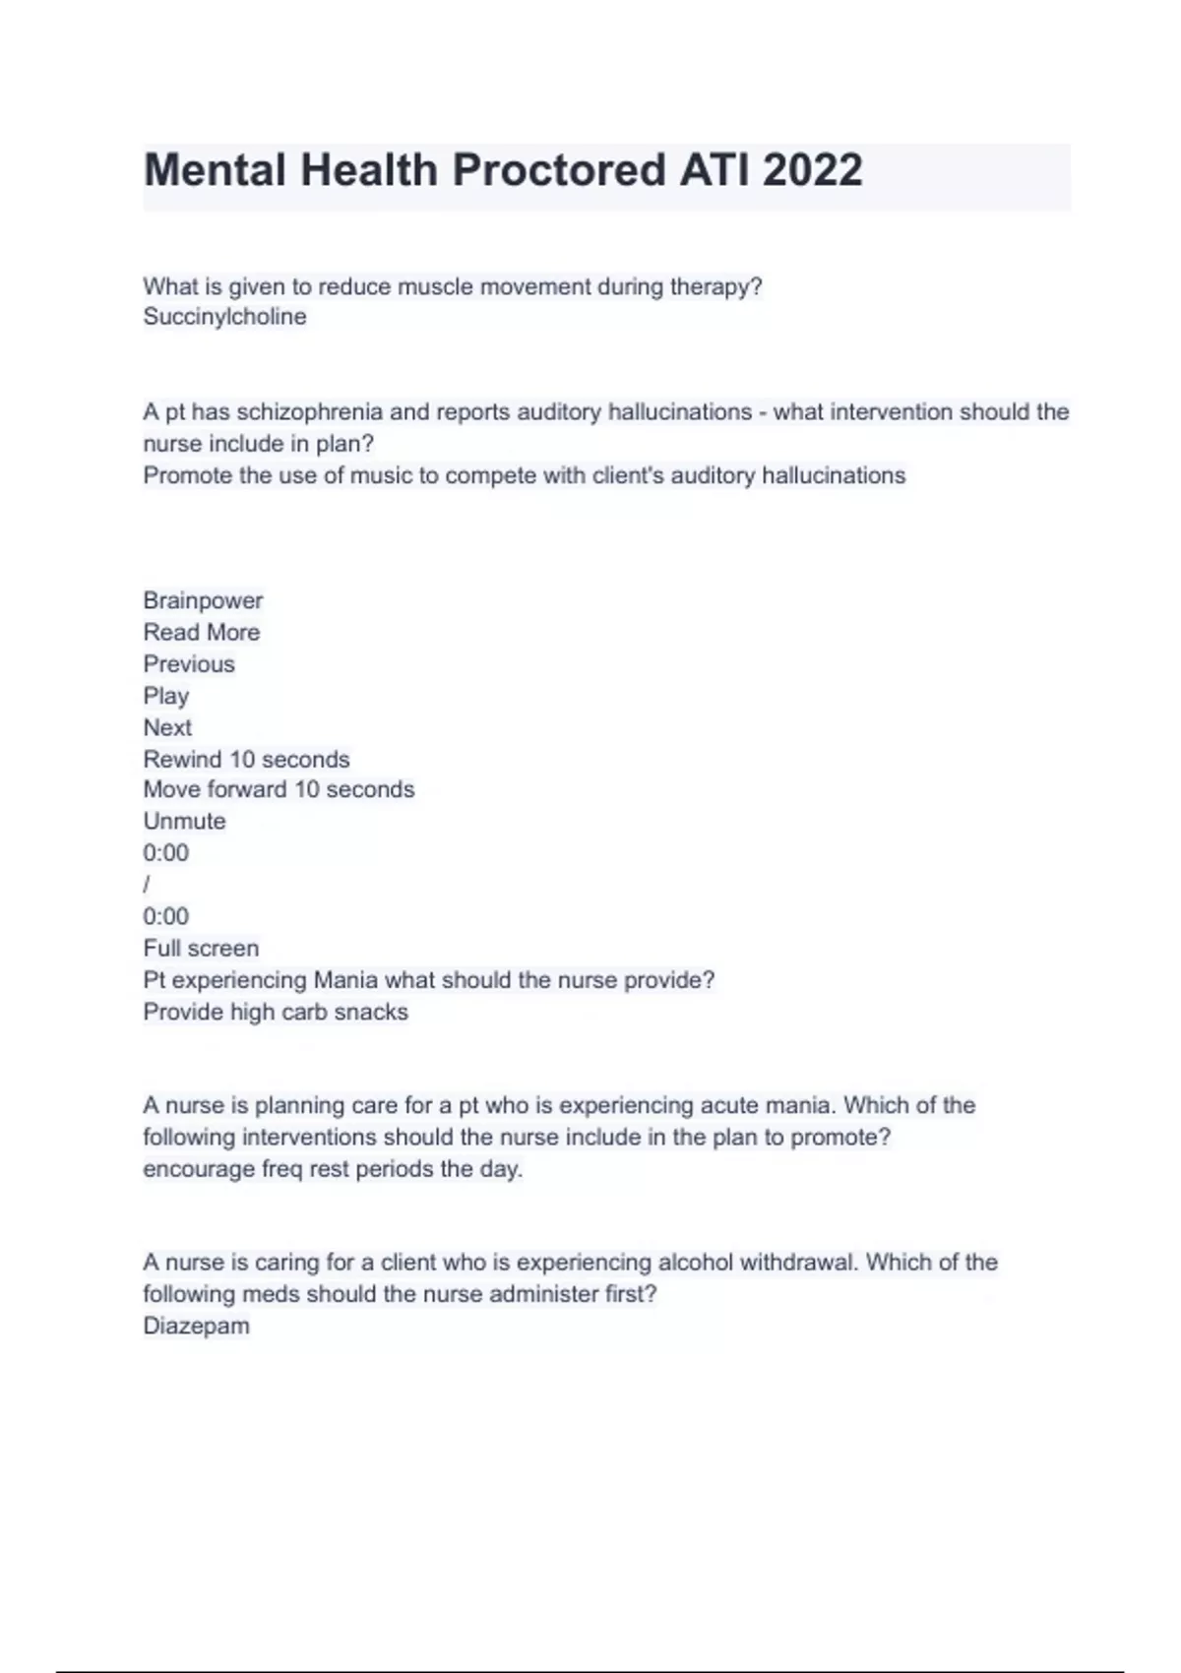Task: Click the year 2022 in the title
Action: [x=812, y=170]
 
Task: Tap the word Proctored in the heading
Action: [x=556, y=170]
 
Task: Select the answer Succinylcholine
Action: [x=224, y=317]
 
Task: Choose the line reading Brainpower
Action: [x=203, y=600]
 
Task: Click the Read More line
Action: [x=202, y=632]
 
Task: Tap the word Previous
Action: [x=189, y=664]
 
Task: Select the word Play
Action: [x=165, y=696]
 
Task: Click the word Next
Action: [x=167, y=727]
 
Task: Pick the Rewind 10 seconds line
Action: [x=246, y=760]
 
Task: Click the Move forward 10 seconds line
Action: [x=279, y=789]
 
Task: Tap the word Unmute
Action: [x=184, y=821]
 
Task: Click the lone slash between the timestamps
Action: [x=147, y=885]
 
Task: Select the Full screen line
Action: [x=201, y=949]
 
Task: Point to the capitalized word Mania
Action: [x=344, y=980]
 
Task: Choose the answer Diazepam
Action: [x=196, y=1326]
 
